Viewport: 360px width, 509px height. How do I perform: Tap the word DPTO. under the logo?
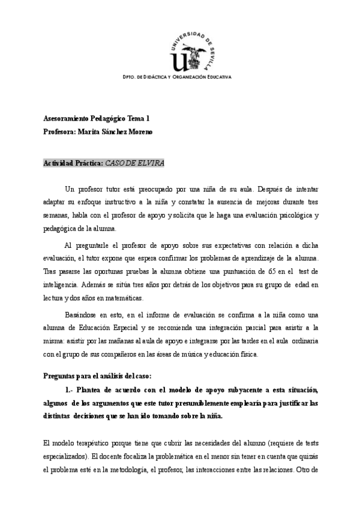(130, 77)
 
